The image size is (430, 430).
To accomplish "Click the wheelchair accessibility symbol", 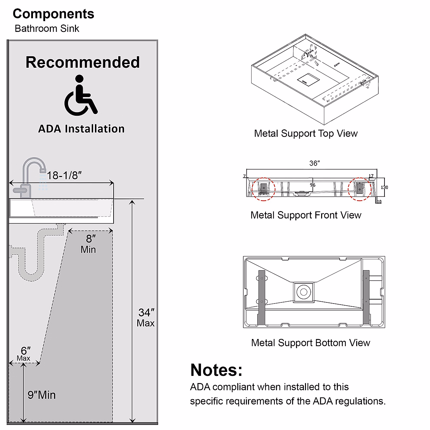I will pos(80,96).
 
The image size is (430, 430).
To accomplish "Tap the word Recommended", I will pos(82,62).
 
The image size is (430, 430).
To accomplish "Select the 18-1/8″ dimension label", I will pos(64,175).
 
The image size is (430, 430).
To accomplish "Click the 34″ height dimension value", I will pos(146,313).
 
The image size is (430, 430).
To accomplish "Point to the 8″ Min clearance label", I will pos(89,244).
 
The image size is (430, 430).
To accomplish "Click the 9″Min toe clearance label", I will pos(42,395).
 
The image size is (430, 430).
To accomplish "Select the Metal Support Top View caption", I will pos(306,133).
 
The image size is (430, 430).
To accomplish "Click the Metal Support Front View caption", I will pos(306,215).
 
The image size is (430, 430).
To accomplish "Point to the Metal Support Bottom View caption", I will pos(310,343).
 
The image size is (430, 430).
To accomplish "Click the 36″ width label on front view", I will pos(314,163).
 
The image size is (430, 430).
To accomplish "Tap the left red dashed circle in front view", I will pos(264,188).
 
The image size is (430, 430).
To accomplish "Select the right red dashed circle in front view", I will pos(359,189).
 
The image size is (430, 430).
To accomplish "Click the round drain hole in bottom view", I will pos(304,292).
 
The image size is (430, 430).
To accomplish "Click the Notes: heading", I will pos(216,370).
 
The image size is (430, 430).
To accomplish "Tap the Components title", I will pos(53,14).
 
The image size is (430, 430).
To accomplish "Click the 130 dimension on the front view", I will pos(384,187).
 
